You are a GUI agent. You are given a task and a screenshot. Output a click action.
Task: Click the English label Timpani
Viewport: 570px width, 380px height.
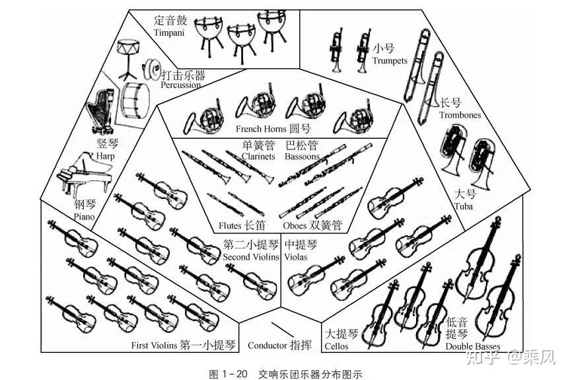point(169,33)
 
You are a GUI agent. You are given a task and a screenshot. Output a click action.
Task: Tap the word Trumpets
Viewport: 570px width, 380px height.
point(390,61)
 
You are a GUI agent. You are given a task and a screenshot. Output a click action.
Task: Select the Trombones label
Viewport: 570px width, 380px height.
point(460,115)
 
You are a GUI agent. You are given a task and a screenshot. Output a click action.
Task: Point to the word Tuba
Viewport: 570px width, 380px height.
point(464,207)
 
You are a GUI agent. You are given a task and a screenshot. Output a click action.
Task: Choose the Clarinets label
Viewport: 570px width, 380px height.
point(258,157)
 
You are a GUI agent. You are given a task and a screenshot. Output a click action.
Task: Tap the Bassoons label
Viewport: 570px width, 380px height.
point(302,157)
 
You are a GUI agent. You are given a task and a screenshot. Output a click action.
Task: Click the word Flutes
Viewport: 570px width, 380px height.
point(230,225)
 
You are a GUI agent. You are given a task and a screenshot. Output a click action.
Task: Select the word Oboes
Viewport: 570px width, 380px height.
point(295,225)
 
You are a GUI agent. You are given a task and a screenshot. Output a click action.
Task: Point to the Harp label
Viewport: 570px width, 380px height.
point(106,157)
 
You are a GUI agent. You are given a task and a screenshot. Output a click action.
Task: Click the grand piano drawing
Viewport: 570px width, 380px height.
point(85,174)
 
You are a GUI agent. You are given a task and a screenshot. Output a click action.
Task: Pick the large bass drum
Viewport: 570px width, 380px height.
point(135,100)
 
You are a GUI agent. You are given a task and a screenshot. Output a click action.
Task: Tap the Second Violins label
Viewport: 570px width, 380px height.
point(251,257)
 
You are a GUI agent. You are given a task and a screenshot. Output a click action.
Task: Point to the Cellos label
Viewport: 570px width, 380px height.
point(336,346)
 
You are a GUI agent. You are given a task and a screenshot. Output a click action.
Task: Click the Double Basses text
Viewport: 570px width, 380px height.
point(473,346)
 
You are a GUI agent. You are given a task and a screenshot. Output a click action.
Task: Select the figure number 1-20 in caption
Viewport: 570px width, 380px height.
point(234,374)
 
